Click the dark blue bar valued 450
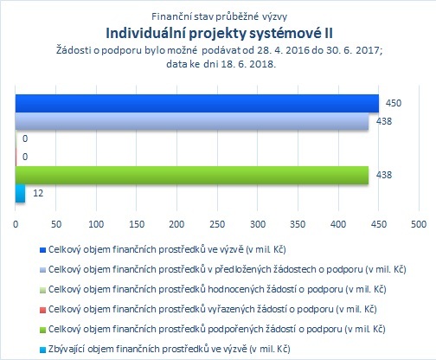click(197, 103)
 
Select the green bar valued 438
click(192, 175)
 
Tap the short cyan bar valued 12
click(20, 193)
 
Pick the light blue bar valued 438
click(192, 121)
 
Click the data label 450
click(394, 103)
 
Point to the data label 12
click(38, 193)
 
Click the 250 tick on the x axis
click(217, 224)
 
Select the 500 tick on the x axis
click(419, 224)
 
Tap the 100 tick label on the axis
click(96, 224)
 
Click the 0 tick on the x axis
click(16, 224)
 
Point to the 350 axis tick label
click(298, 224)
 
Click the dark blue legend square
click(42, 250)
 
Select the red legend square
click(42, 310)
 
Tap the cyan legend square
click(42, 350)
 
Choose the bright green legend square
click(42, 330)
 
